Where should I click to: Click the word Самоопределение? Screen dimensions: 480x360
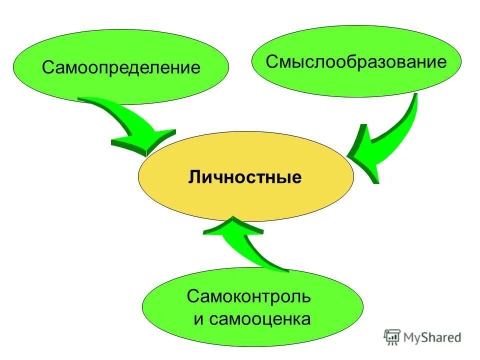tap(121, 67)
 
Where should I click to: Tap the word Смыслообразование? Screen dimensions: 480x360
tap(355, 62)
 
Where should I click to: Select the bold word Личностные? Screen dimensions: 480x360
tap(245, 177)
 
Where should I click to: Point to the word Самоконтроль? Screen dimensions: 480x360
tap(249, 296)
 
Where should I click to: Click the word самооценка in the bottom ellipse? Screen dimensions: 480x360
tap(259, 319)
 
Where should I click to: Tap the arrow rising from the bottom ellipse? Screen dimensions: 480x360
tap(245, 242)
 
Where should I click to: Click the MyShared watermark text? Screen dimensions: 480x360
tap(433, 338)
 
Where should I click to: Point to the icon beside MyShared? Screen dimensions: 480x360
tap(392, 337)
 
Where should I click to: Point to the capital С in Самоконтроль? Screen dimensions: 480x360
tap(192, 296)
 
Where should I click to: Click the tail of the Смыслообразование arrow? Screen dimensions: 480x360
tap(412, 100)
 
